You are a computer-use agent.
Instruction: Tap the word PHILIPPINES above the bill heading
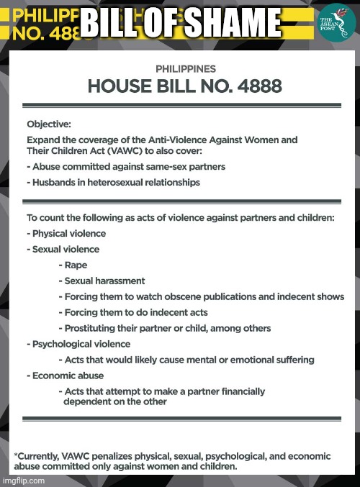tap(186, 69)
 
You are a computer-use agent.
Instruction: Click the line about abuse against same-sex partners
tap(128, 166)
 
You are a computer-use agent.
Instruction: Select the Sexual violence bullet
tap(66, 249)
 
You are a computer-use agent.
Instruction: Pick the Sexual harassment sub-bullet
tap(104, 281)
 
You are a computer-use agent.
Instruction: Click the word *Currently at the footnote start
tap(39, 456)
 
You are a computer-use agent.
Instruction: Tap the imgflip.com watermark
tap(23, 481)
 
